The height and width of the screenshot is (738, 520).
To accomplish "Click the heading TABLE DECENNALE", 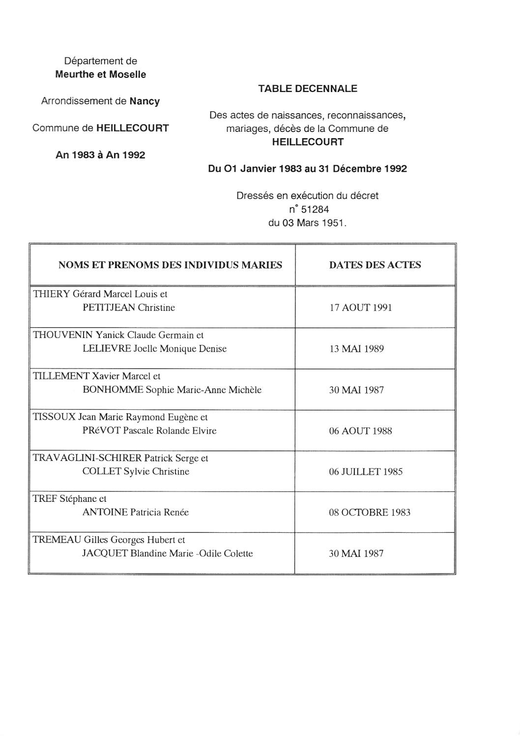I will point(308,89).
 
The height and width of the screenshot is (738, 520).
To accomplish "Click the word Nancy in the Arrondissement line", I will point(144,101).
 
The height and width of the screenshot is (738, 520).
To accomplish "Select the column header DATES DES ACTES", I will point(375,265).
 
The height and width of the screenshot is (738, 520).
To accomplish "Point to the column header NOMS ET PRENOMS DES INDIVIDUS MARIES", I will point(170,265).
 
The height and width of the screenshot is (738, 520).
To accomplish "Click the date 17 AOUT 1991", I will point(360,308).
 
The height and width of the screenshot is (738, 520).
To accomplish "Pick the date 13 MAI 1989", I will point(356,349).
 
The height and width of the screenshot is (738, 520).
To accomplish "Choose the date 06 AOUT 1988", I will point(360,431).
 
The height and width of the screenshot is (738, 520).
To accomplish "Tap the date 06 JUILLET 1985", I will point(366,472).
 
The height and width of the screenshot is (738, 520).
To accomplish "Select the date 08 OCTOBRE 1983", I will point(370,513).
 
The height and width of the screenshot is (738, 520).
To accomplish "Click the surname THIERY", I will point(51,294).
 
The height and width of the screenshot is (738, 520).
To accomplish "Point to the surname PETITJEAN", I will point(109,308).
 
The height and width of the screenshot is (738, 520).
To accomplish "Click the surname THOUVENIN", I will point(62,336).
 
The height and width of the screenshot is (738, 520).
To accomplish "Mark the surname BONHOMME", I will point(113,390).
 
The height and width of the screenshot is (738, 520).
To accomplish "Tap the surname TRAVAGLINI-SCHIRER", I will point(87,458).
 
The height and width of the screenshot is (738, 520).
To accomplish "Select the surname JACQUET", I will point(104,553).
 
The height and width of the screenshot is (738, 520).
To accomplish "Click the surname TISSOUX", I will point(54,417).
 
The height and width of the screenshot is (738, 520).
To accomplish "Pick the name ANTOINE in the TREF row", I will point(105,513).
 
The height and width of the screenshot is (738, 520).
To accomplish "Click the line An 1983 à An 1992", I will point(100,155).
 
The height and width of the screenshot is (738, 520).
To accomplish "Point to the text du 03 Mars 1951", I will point(307,223).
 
